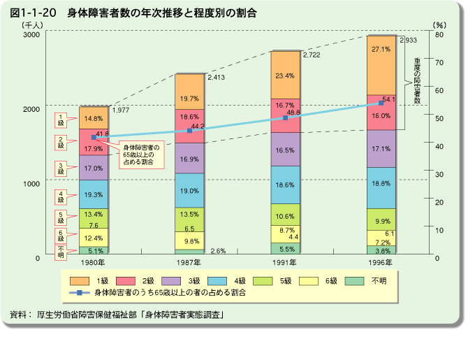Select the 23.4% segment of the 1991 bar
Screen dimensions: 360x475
(285, 75)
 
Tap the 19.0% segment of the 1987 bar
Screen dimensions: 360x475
(189, 191)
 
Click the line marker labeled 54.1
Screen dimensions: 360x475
(381, 103)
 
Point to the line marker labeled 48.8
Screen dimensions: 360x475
(285, 118)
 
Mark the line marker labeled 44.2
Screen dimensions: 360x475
(189, 131)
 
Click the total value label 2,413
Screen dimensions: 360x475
(217, 78)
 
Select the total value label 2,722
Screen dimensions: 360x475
(312, 55)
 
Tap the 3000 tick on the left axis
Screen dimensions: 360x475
(31, 34)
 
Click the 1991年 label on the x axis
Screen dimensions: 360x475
(285, 262)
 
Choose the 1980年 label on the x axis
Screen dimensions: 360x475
(94, 262)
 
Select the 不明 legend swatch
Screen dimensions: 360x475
(356, 281)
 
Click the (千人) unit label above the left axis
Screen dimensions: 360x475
(32, 25)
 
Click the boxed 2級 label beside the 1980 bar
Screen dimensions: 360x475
(61, 142)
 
